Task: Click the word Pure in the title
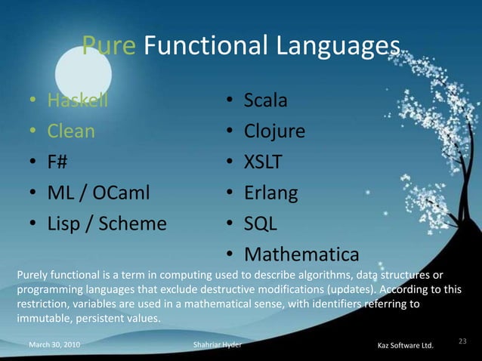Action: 109,48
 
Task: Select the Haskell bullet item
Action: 78,100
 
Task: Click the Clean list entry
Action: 71,131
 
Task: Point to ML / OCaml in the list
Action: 99,194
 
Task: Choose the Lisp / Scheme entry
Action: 107,225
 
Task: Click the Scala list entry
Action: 265,100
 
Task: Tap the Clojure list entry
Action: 274,131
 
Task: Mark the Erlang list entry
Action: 270,194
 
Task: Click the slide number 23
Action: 463,342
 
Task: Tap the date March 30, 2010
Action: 55,346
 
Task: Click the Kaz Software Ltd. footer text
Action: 405,346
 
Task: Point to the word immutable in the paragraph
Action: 41,319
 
